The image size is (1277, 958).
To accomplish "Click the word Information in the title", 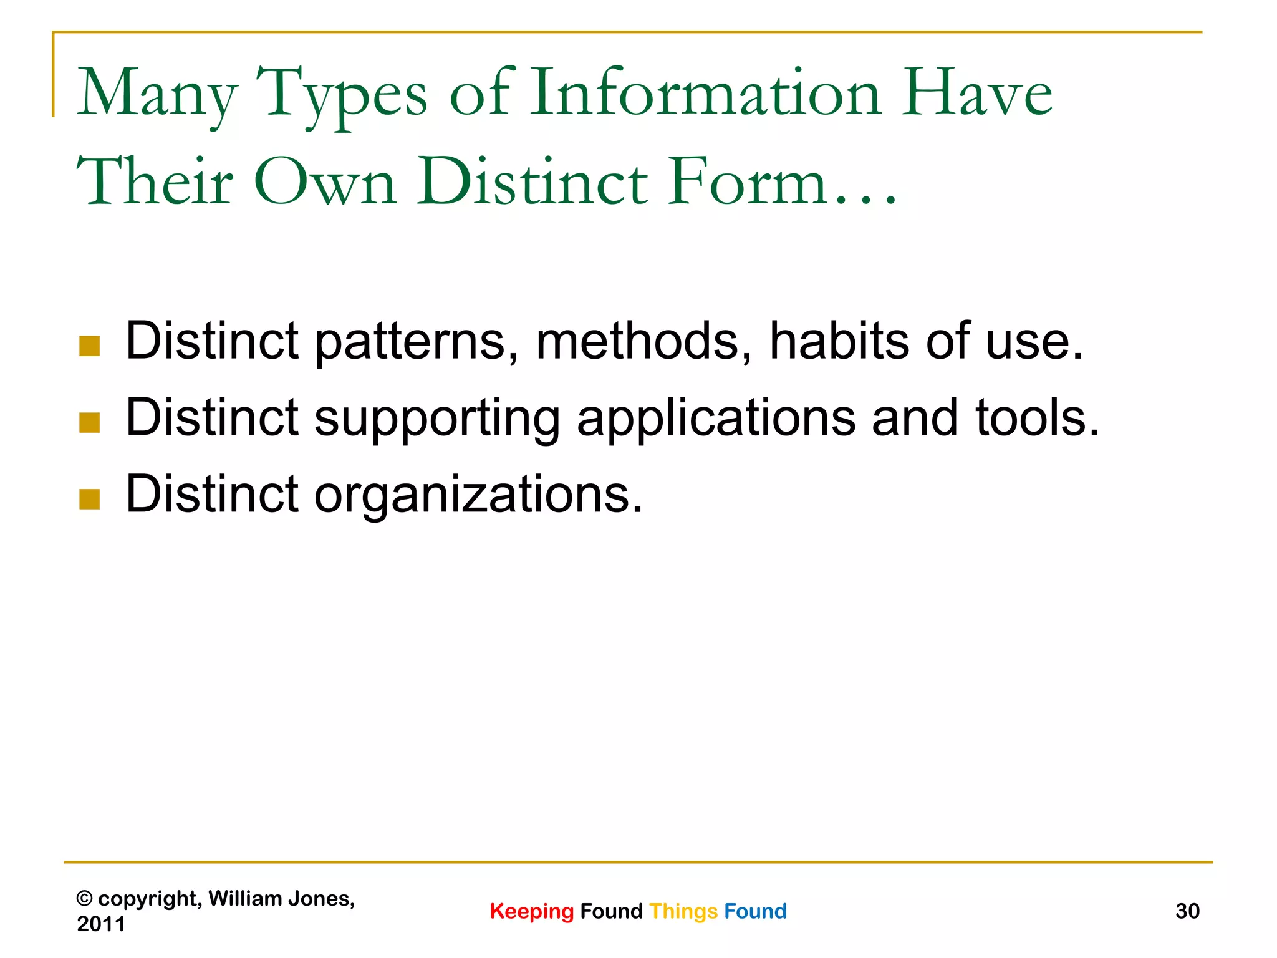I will pyautogui.click(x=705, y=93).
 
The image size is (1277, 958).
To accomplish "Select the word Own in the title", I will pyautogui.click(x=325, y=182).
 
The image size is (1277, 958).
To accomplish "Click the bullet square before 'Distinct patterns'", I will pyautogui.click(x=90, y=346).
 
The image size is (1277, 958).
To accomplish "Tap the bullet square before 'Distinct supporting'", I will pyautogui.click(x=90, y=423).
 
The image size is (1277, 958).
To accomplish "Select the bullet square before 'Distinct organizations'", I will pyautogui.click(x=90, y=500).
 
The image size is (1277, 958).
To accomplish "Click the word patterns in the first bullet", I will pyautogui.click(x=416, y=342).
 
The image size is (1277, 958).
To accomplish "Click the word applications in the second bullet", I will pyautogui.click(x=716, y=419).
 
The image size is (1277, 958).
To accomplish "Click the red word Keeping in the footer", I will pyautogui.click(x=531, y=912).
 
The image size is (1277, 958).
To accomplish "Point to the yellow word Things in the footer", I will pyautogui.click(x=683, y=912).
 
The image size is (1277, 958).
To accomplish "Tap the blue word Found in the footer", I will pyautogui.click(x=755, y=911).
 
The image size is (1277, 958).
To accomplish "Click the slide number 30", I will pyautogui.click(x=1187, y=911).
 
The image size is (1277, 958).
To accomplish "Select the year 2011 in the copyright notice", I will pyautogui.click(x=101, y=924).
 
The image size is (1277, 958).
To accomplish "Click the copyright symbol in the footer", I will pyautogui.click(x=84, y=899).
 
